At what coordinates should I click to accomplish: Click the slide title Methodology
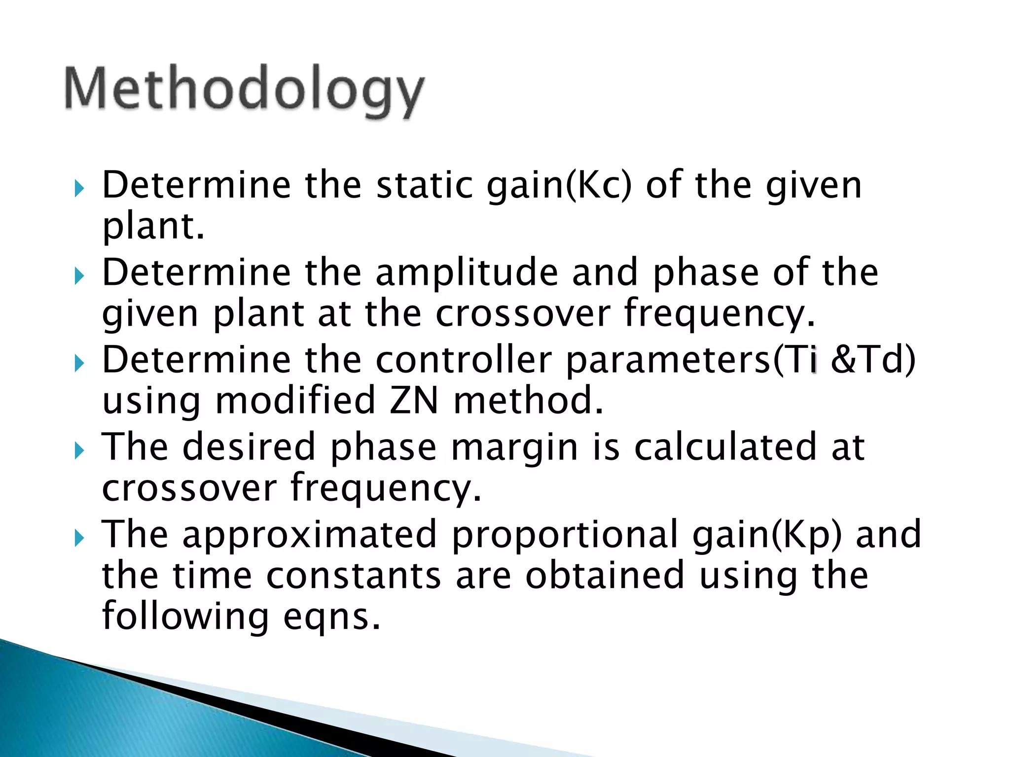(244, 89)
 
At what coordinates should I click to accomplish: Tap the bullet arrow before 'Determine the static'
(79, 188)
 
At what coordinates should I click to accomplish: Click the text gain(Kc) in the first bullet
(559, 186)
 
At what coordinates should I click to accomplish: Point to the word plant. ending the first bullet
(153, 227)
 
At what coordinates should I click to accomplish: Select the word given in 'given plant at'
(150, 314)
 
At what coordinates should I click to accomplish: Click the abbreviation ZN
(413, 400)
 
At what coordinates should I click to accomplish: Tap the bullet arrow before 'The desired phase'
(79, 450)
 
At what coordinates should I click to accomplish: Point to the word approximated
(310, 535)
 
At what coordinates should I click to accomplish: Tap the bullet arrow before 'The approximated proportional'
(79, 538)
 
